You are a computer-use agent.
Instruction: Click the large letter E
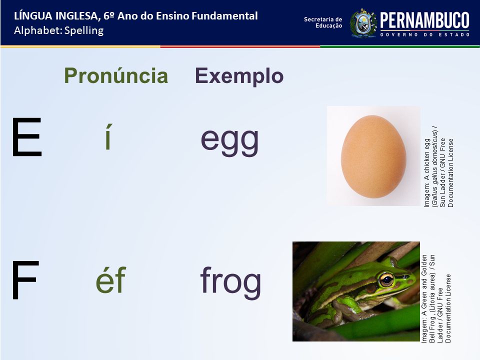pyautogui.click(x=27, y=137)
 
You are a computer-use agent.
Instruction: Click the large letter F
pyautogui.click(x=25, y=280)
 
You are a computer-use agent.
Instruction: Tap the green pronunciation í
pyautogui.click(x=108, y=136)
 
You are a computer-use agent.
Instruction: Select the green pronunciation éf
pyautogui.click(x=111, y=279)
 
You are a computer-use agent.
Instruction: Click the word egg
pyautogui.click(x=229, y=141)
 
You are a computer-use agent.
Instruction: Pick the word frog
pyautogui.click(x=230, y=282)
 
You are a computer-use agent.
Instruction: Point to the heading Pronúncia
pyautogui.click(x=116, y=75)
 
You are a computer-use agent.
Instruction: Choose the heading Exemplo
pyautogui.click(x=239, y=76)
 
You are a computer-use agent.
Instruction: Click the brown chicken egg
pyautogui.click(x=373, y=156)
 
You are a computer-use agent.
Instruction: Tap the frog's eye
pyautogui.click(x=387, y=279)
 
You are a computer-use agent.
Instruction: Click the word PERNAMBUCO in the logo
pyautogui.click(x=424, y=20)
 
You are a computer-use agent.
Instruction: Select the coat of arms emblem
pyautogui.click(x=363, y=23)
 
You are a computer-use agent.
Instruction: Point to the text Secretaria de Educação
pyautogui.click(x=323, y=22)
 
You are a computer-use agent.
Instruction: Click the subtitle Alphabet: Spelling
pyautogui.click(x=59, y=30)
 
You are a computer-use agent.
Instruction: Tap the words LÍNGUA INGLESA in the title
pyautogui.click(x=57, y=16)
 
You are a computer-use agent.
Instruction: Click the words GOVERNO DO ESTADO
pyautogui.click(x=424, y=34)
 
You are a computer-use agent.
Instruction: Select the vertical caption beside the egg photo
pyautogui.click(x=438, y=169)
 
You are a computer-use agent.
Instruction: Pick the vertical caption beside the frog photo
pyautogui.click(x=436, y=298)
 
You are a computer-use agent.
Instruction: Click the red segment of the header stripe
pyautogui.click(x=240, y=46)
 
